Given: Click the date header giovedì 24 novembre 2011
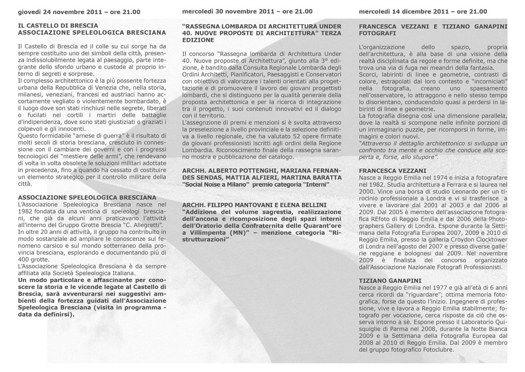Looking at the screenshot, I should click(x=79, y=12).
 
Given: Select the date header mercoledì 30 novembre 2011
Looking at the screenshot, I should click(x=247, y=12).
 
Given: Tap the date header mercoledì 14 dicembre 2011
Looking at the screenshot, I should click(x=423, y=12).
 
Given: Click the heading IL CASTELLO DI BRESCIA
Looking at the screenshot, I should click(x=58, y=26).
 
